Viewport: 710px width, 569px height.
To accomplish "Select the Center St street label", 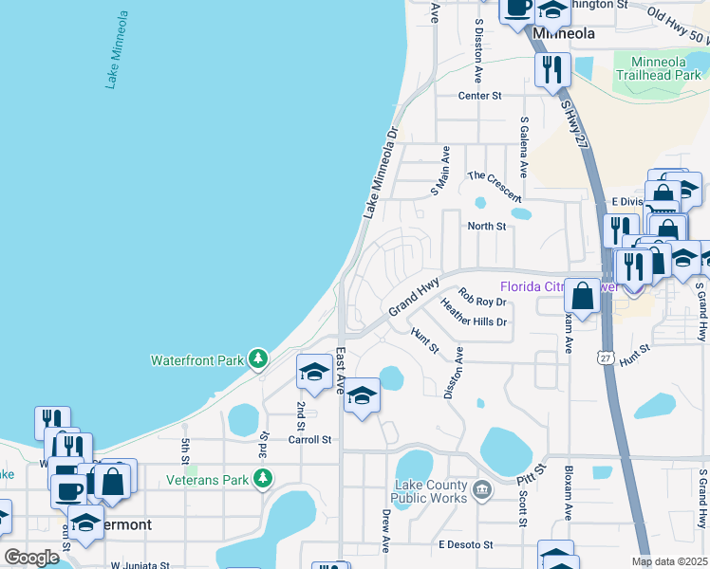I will (x=479, y=96).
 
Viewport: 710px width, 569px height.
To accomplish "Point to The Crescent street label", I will (x=495, y=186).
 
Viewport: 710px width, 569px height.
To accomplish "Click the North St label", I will (x=487, y=226).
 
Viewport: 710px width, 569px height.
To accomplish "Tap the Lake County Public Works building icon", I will (x=482, y=489).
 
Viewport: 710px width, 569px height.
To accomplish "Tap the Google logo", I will (x=31, y=557).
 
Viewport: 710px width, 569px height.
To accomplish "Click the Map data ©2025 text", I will (x=669, y=561).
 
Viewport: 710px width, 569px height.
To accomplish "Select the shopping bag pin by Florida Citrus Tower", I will (x=583, y=296).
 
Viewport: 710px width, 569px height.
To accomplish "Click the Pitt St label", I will (x=532, y=473).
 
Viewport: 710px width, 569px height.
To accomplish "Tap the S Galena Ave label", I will (x=523, y=146).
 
